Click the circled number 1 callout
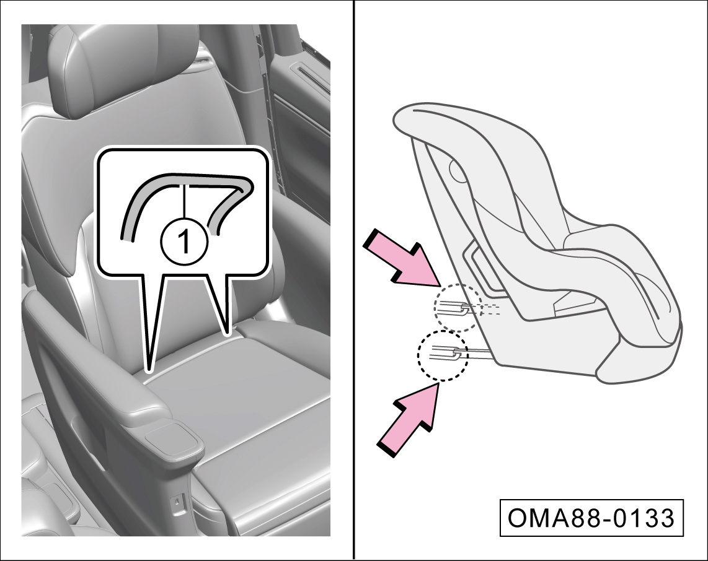click(184, 241)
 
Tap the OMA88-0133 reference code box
click(591, 518)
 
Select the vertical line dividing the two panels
click(353, 280)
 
